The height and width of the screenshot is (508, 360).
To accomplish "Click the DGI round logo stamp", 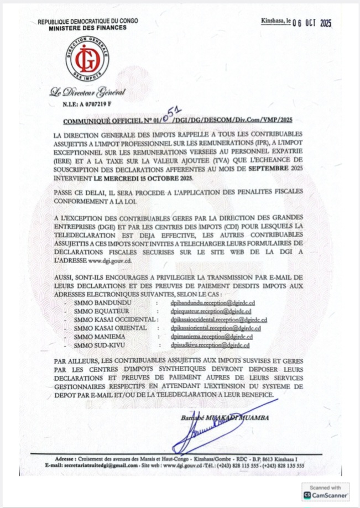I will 87,56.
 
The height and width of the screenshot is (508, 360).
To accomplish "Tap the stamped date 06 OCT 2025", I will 311,23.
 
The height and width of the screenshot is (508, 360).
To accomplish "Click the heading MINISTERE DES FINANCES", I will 87,27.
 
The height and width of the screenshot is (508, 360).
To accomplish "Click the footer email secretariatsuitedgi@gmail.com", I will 98,466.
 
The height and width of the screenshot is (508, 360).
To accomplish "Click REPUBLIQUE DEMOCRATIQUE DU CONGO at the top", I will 87,21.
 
